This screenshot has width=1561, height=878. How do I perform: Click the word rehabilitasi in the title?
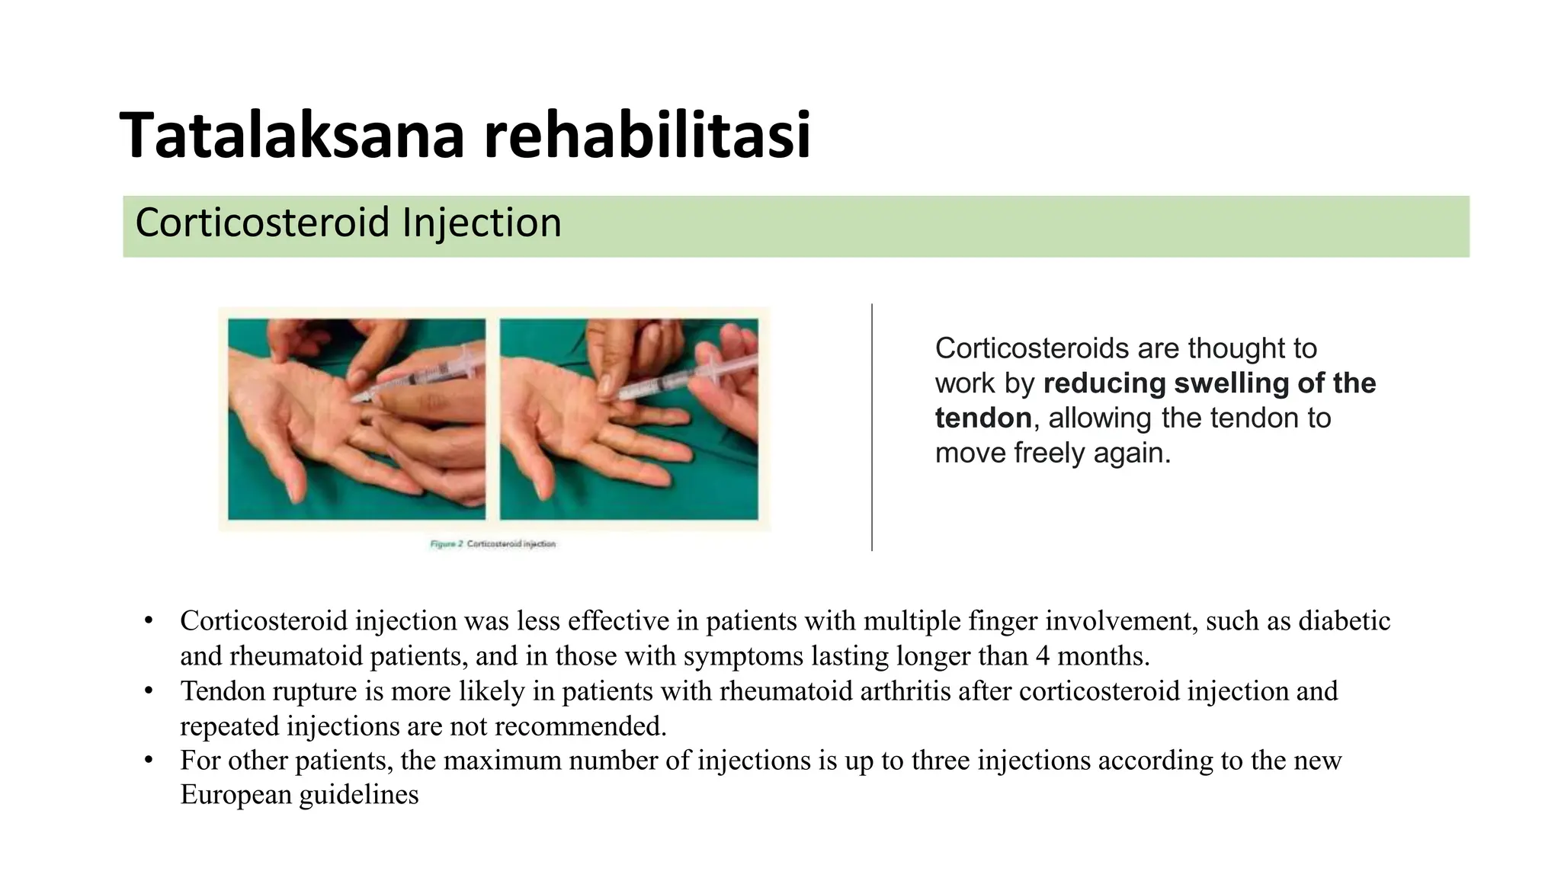click(647, 136)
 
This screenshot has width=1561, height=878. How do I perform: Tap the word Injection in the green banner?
click(481, 223)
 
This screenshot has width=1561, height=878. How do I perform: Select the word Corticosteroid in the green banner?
click(262, 223)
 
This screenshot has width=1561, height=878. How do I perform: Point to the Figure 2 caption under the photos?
click(492, 544)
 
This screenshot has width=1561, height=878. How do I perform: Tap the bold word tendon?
click(982, 418)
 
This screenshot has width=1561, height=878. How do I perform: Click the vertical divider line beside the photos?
click(872, 427)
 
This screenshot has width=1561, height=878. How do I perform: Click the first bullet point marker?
click(149, 620)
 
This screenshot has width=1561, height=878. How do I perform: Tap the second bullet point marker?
click(149, 691)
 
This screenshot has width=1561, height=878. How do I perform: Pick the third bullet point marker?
click(149, 761)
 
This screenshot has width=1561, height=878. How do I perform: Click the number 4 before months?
click(1043, 656)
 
